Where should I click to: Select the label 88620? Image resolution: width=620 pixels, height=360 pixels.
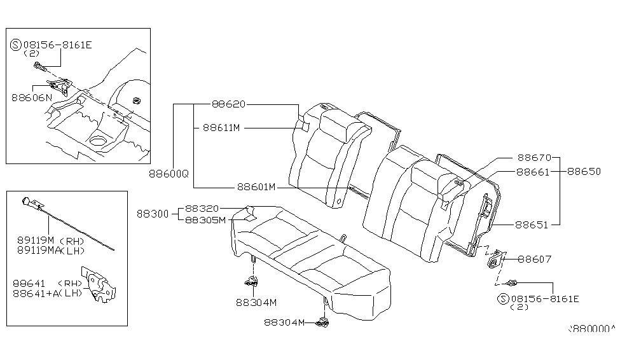tap(229, 105)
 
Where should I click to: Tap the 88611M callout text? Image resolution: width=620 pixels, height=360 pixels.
tap(221, 128)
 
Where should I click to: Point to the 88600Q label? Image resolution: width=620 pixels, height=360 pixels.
tap(169, 173)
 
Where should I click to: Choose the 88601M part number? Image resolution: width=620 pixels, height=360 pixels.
tap(256, 187)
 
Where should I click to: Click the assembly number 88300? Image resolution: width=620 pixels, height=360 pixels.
tap(152, 214)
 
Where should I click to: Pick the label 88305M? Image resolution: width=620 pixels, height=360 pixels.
tap(205, 220)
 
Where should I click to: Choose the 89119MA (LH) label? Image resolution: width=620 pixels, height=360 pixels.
tap(48, 251)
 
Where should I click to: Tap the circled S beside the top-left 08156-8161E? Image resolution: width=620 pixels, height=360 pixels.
tap(17, 45)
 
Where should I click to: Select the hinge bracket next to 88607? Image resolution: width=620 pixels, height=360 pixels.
tap(495, 260)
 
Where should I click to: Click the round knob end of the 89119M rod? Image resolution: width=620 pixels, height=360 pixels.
tap(25, 200)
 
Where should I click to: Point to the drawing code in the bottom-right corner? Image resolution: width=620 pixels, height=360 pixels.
tap(591, 329)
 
